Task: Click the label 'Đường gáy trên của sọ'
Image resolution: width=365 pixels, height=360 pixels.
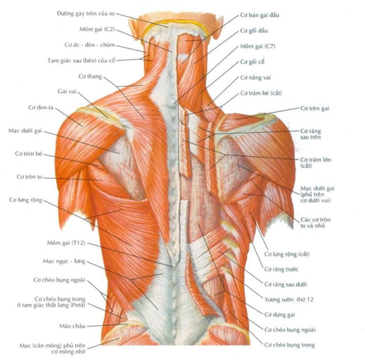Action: [x=86, y=14]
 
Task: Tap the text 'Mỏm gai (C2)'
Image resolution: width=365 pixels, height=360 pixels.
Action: [x=97, y=30]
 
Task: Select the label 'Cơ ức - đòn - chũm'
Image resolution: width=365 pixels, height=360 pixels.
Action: [x=89, y=45]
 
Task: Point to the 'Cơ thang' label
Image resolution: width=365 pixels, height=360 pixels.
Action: [x=90, y=76]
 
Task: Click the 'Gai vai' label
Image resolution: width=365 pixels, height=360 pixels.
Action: [x=67, y=92]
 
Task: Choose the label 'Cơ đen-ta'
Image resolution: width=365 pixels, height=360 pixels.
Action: [x=41, y=108]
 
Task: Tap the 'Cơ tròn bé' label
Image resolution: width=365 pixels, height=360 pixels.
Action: [x=29, y=154]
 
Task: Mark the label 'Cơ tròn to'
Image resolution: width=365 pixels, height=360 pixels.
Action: [x=30, y=177]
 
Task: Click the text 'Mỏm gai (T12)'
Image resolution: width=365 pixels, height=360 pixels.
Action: [x=66, y=243]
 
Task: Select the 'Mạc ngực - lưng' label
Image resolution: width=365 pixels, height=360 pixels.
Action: [x=64, y=262]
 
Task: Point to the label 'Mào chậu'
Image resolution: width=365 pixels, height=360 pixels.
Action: [x=72, y=326]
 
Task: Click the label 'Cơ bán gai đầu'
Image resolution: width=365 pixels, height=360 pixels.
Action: [x=260, y=15]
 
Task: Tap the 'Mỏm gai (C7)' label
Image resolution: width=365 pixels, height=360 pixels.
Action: [x=258, y=46]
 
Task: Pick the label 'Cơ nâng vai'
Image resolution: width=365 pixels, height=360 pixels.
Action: [x=255, y=77]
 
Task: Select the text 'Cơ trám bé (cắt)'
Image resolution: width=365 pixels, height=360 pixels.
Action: [x=261, y=93]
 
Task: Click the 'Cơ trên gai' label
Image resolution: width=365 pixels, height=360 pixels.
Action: [x=314, y=108]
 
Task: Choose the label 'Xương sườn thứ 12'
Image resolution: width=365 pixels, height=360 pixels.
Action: [x=289, y=299]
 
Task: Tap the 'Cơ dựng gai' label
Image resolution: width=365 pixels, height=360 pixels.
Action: [x=279, y=315]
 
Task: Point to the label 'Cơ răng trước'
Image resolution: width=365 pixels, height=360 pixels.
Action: [x=281, y=269]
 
